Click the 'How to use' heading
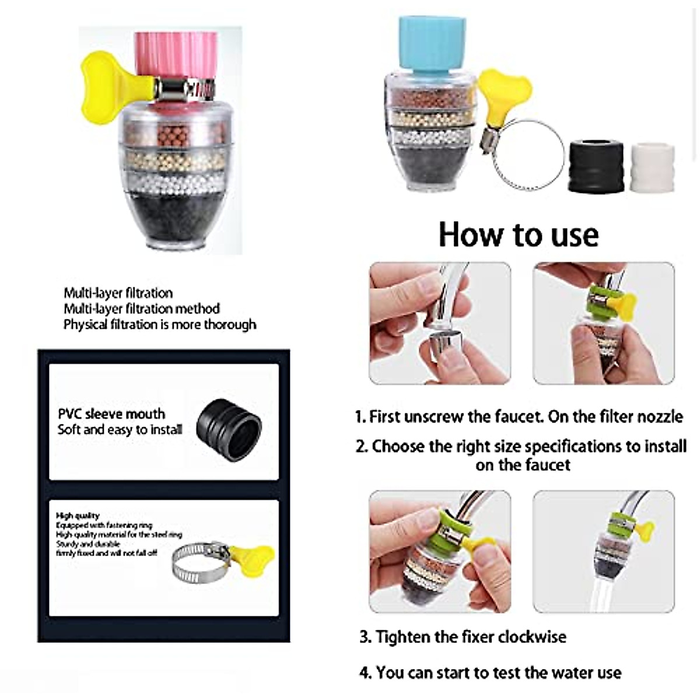point(518,235)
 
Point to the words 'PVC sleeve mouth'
point(111,414)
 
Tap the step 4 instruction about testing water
point(490,673)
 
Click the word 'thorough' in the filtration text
point(230,324)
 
